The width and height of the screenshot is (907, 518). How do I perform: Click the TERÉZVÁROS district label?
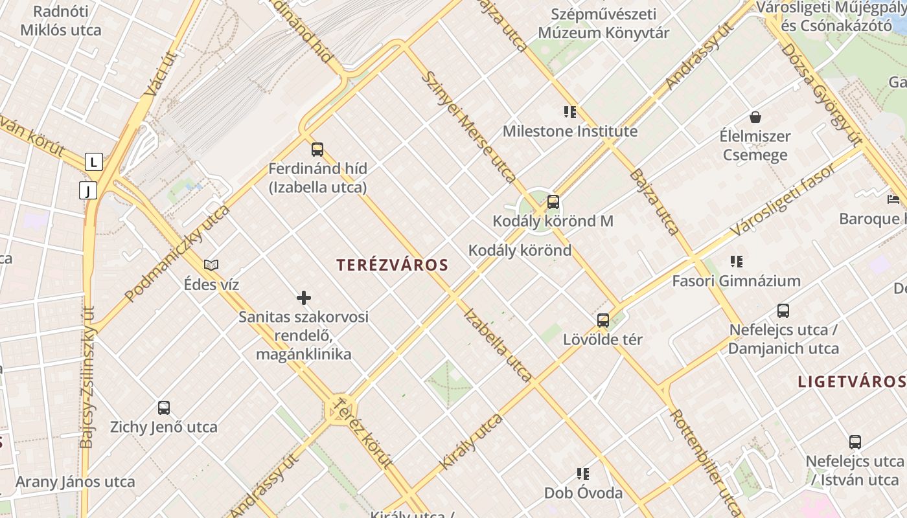click(393, 265)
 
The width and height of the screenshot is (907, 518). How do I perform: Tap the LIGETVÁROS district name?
click(851, 381)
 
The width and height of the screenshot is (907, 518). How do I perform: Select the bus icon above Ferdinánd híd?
click(317, 150)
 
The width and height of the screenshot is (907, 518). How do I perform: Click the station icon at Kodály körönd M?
click(553, 202)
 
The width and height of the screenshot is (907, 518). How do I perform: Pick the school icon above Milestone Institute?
click(570, 112)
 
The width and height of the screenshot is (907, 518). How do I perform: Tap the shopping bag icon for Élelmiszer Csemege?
click(755, 117)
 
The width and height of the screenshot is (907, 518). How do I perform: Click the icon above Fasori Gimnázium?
click(736, 262)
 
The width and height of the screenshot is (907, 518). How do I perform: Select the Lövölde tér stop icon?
click(603, 320)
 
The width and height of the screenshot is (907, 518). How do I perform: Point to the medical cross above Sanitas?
click(304, 298)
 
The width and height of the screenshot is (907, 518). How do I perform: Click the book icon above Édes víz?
click(211, 265)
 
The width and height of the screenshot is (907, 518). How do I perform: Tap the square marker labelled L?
click(94, 162)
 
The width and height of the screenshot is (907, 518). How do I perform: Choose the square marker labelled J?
click(87, 190)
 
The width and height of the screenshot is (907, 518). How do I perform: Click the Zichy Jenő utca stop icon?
click(164, 408)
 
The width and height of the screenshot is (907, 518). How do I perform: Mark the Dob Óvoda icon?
click(583, 474)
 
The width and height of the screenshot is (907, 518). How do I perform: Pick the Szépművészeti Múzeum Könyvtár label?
click(603, 23)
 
